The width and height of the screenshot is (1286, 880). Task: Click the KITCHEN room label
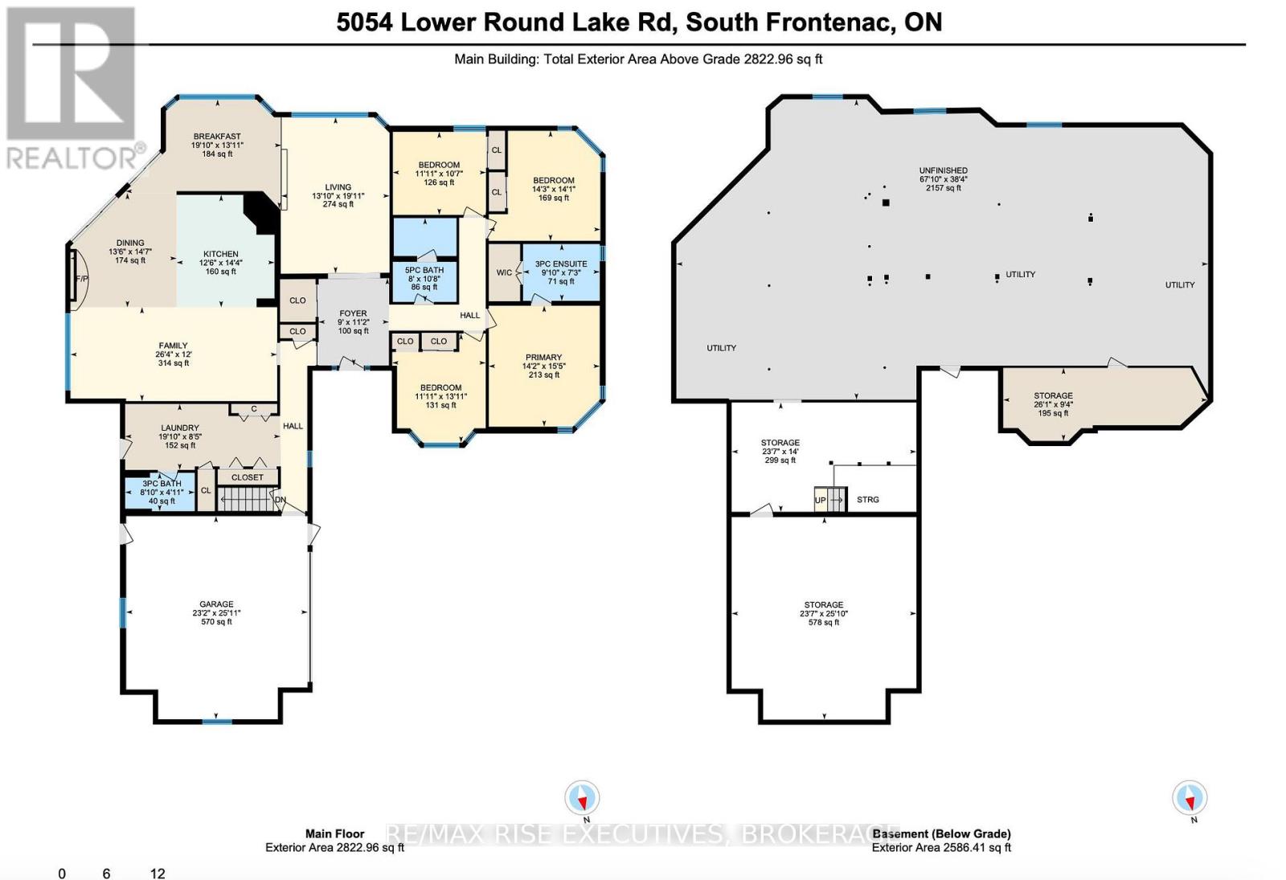click(220, 254)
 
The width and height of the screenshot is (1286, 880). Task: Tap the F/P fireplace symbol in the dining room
click(80, 279)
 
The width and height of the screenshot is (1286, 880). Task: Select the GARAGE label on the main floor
click(216, 604)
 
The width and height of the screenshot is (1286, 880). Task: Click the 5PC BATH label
click(424, 270)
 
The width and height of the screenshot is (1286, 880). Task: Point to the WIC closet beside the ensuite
click(504, 272)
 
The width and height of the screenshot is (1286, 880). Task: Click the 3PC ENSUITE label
click(561, 264)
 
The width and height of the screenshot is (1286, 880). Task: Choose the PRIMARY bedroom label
click(544, 358)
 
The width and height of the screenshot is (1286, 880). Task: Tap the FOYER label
click(353, 313)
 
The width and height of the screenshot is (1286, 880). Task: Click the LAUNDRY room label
click(180, 428)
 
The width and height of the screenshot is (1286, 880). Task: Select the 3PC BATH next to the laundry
click(162, 484)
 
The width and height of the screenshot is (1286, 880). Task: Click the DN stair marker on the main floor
click(281, 499)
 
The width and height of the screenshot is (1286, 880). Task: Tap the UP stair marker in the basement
click(820, 500)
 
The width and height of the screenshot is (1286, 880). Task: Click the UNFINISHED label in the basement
click(944, 170)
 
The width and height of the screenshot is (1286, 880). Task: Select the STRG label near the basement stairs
click(868, 500)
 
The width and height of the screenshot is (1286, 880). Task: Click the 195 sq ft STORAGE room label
click(1053, 396)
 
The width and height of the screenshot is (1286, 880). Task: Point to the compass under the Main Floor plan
click(582, 798)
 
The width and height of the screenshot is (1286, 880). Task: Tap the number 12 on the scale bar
click(158, 874)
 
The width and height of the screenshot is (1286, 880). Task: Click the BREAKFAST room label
click(216, 137)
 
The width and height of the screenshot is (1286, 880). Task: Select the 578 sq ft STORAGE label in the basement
click(824, 605)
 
